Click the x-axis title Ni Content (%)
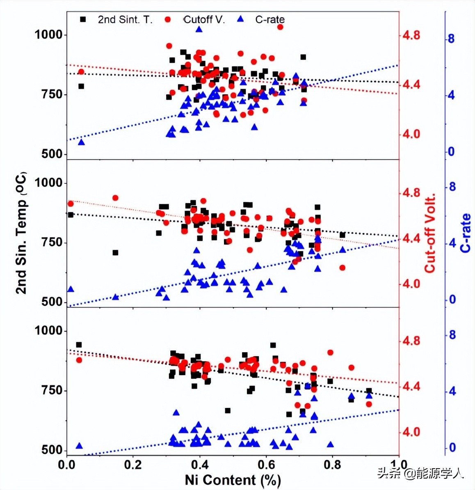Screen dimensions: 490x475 click(x=233, y=480)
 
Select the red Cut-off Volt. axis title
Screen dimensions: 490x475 click(x=429, y=234)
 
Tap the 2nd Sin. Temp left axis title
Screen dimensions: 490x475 click(x=21, y=233)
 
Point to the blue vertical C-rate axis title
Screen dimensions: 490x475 click(x=465, y=233)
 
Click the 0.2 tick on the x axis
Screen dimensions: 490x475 click(x=133, y=465)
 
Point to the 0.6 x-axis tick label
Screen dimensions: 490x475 click(x=266, y=465)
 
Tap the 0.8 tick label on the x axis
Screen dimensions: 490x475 click(x=332, y=465)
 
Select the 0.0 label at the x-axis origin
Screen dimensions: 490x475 click(x=67, y=465)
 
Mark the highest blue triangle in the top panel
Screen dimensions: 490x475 click(x=199, y=29)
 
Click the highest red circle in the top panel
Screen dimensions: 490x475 click(x=280, y=27)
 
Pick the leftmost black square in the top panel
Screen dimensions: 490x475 click(x=81, y=86)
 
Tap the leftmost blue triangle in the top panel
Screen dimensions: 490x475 click(x=81, y=142)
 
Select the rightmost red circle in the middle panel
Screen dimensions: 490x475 click(x=343, y=268)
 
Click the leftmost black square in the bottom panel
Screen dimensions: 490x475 click(x=79, y=345)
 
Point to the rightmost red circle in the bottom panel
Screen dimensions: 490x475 click(x=369, y=404)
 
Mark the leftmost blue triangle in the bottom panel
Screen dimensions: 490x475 click(x=79, y=446)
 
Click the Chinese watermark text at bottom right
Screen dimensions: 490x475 click(x=420, y=473)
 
